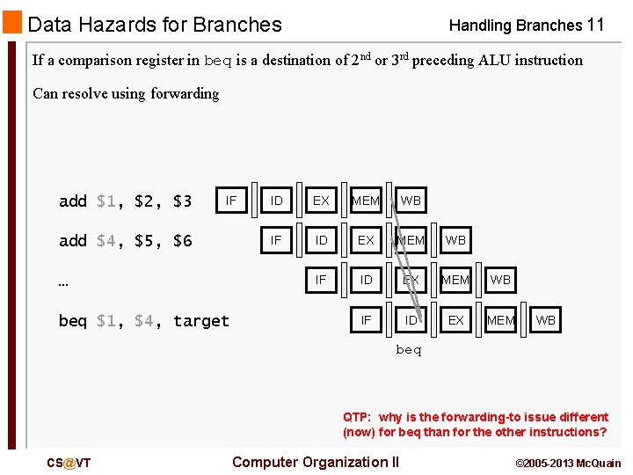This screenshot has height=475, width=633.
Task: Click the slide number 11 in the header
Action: [x=595, y=25]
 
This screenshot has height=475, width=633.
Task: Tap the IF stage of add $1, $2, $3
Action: [x=230, y=201]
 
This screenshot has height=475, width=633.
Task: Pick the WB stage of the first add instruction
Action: [x=411, y=201]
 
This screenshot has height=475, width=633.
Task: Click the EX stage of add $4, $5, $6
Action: [x=366, y=240]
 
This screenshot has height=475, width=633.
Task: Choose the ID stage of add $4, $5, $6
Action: [x=321, y=240]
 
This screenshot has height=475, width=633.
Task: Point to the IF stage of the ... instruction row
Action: [x=321, y=280]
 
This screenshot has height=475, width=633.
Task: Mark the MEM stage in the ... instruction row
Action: [x=455, y=280]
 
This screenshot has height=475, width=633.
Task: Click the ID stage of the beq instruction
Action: [x=411, y=320]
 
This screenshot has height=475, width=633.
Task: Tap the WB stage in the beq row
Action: [x=545, y=320]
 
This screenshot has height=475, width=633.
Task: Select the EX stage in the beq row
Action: [x=455, y=320]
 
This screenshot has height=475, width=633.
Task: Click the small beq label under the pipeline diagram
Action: [x=409, y=350]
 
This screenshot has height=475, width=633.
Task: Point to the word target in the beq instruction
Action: [x=200, y=321]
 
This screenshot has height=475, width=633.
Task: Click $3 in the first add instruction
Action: [x=182, y=201]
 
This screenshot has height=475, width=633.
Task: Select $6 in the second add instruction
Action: [x=182, y=241]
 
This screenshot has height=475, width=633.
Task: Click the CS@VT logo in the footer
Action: [x=69, y=464]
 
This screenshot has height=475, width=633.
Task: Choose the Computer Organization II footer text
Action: [x=315, y=462]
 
